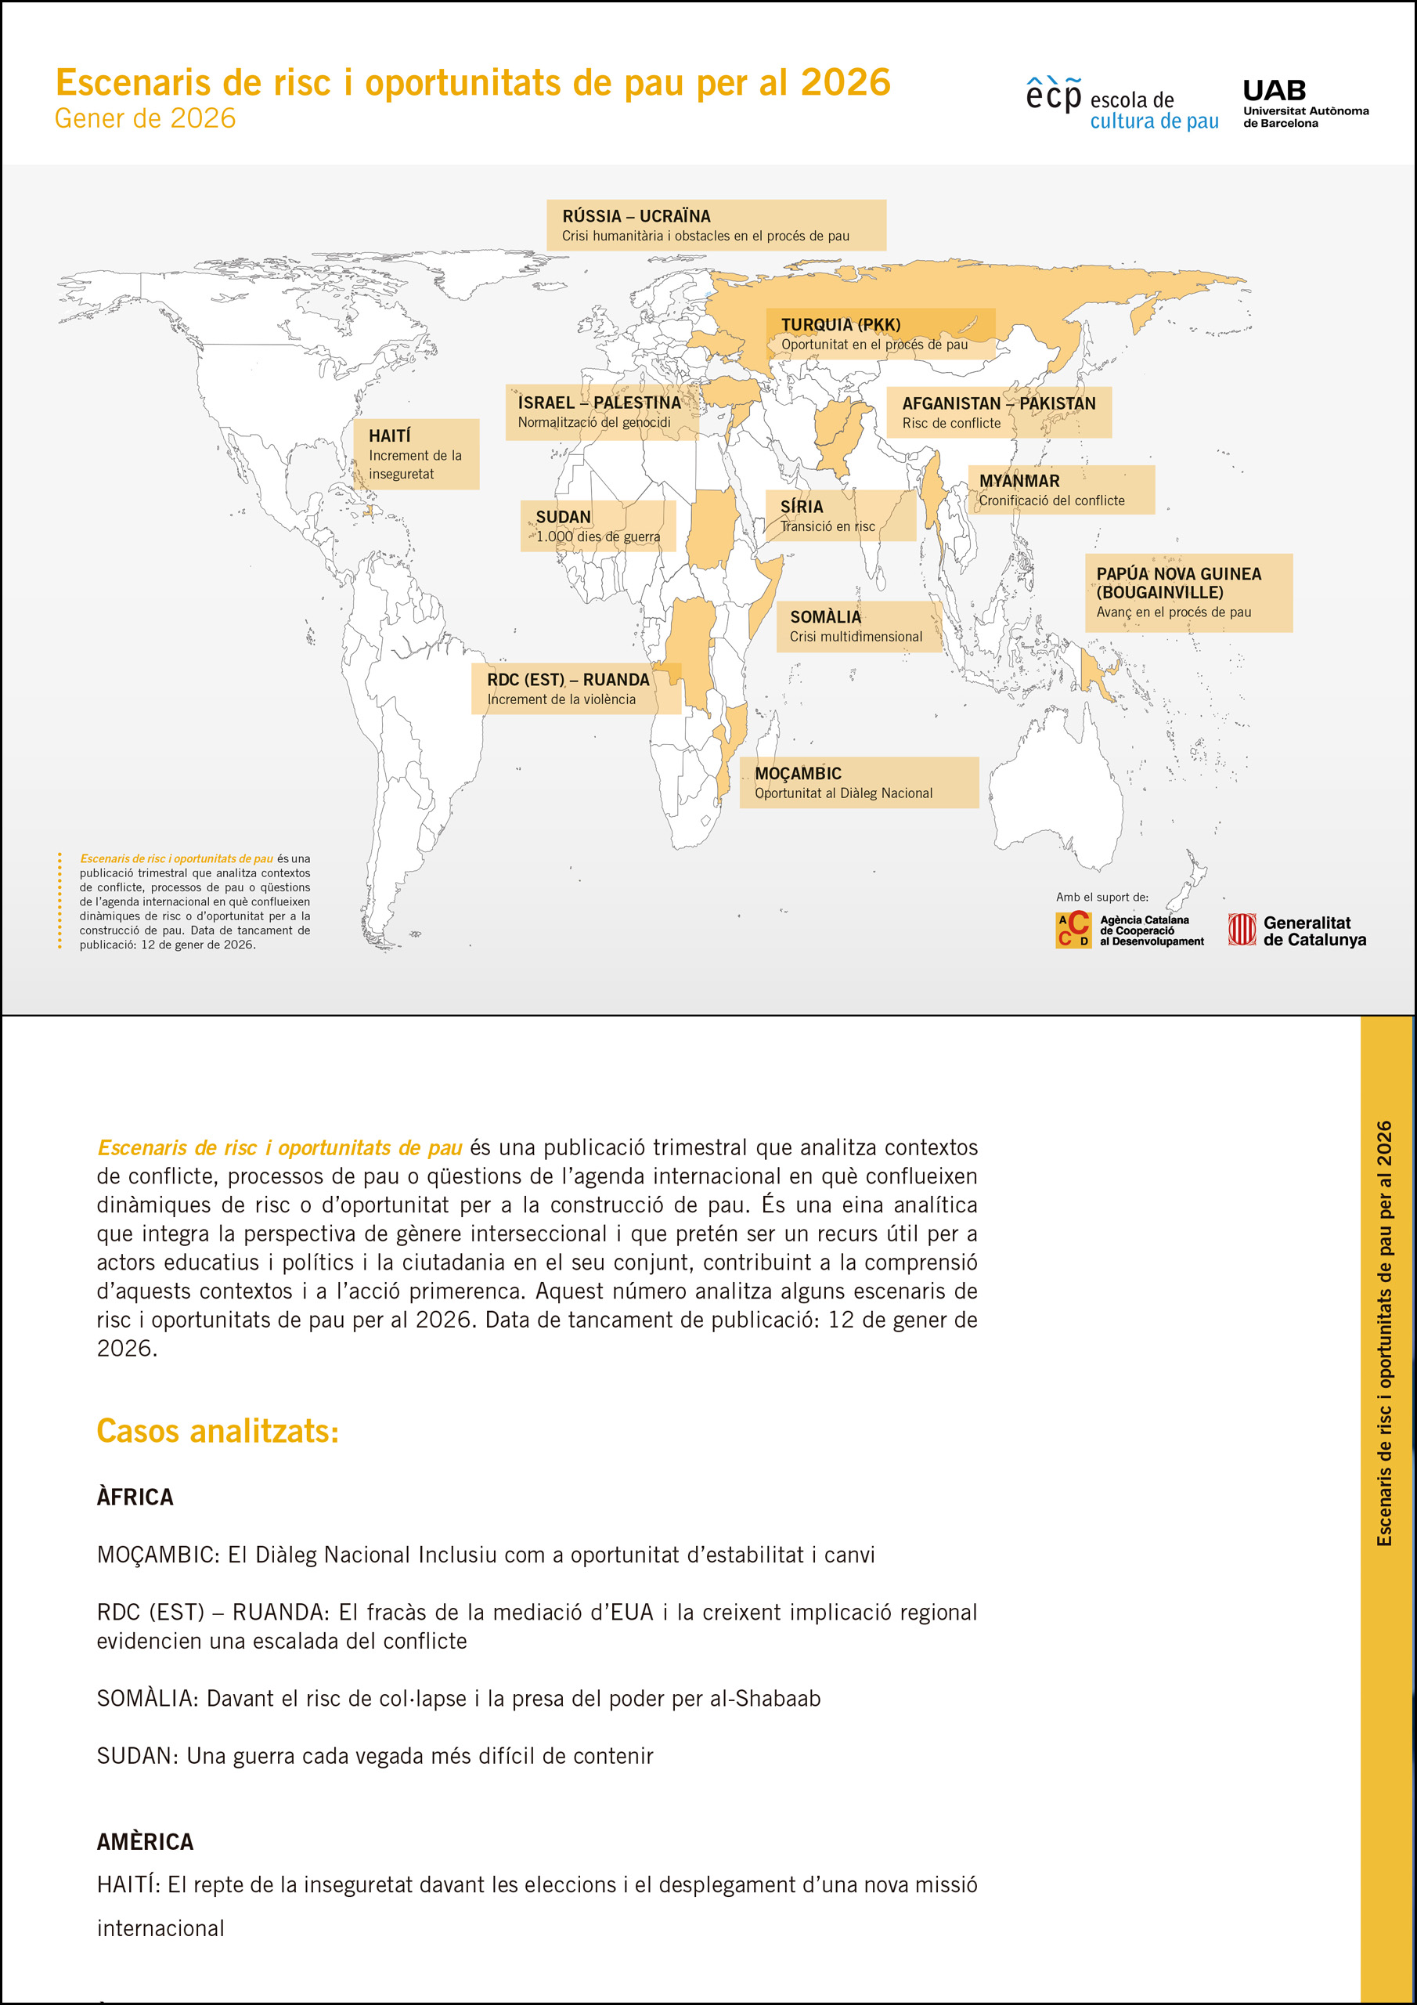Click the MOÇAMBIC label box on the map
(x=858, y=782)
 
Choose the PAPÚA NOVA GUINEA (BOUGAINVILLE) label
(x=1188, y=592)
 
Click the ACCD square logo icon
(x=1073, y=930)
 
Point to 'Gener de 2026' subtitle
(x=145, y=119)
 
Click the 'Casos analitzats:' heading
(x=218, y=1431)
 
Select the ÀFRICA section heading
(x=135, y=1497)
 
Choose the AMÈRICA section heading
(x=145, y=1841)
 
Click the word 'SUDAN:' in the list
(x=138, y=1755)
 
